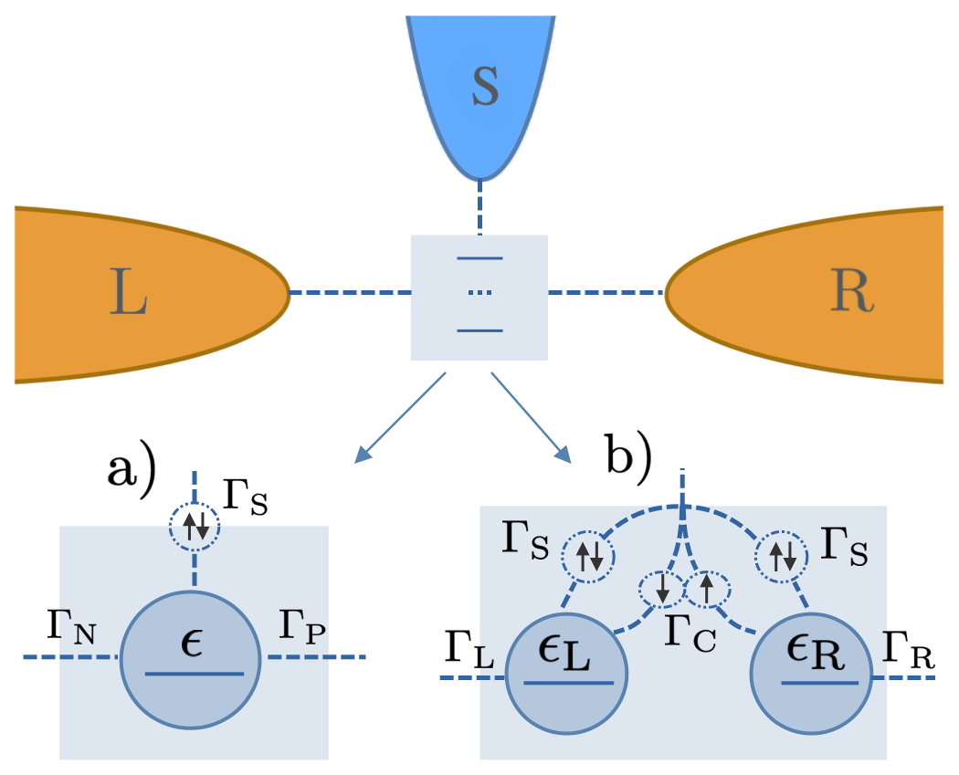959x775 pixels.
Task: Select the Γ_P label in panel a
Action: pyautogui.click(x=300, y=629)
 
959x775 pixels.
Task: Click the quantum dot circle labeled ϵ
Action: pyautogui.click(x=193, y=655)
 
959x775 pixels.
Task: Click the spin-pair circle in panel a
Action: pyautogui.click(x=194, y=525)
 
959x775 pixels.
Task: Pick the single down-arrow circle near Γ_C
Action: pyautogui.click(x=661, y=591)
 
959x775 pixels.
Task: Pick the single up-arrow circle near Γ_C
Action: pyautogui.click(x=706, y=591)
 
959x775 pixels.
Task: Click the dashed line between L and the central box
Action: pyautogui.click(x=350, y=293)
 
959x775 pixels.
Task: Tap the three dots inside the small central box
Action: pyautogui.click(x=480, y=293)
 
